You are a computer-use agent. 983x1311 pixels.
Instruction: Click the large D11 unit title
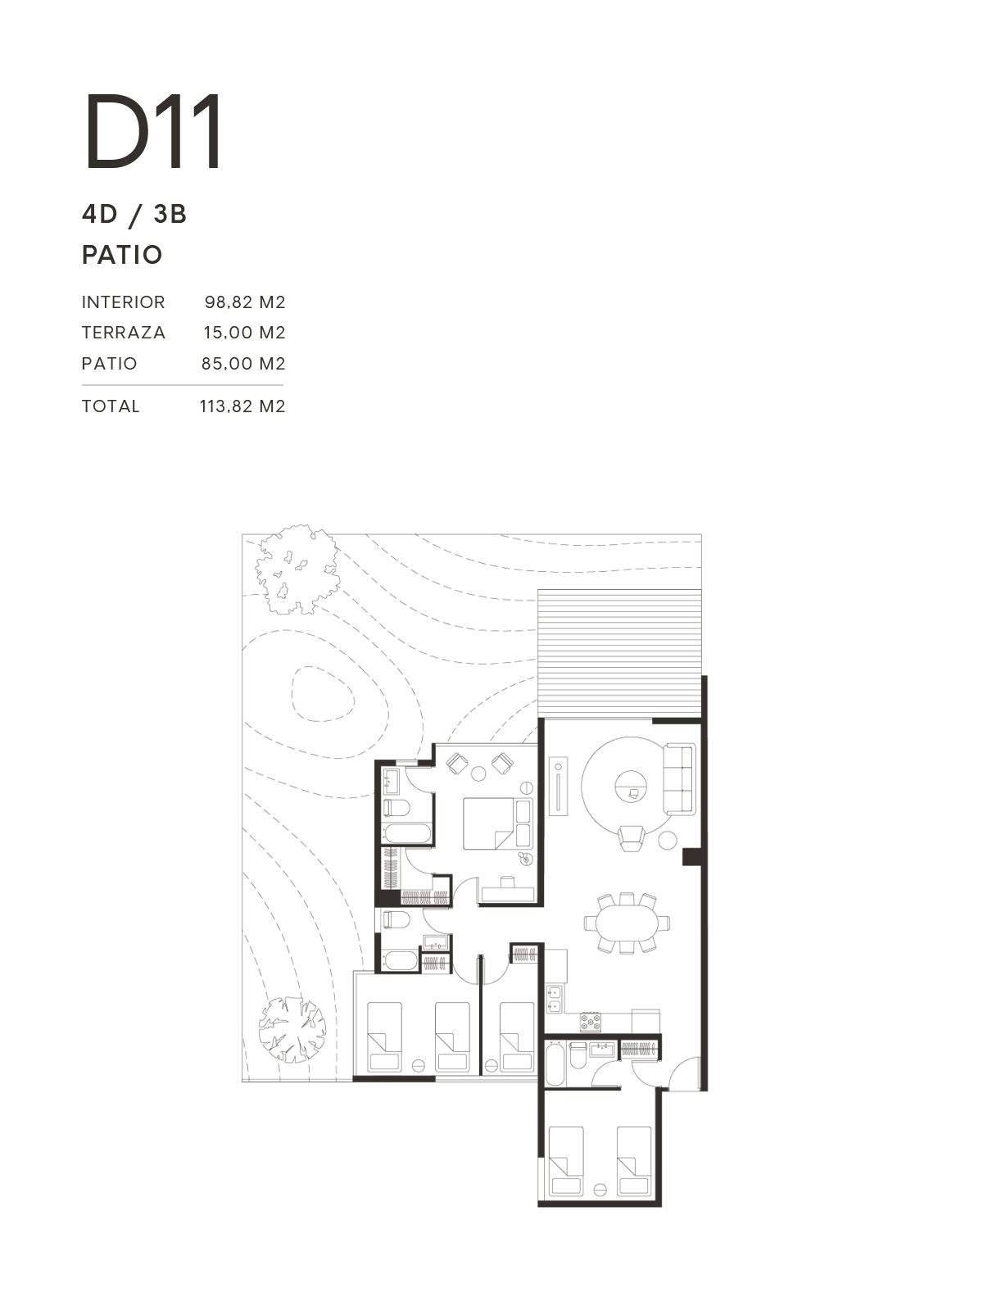click(153, 131)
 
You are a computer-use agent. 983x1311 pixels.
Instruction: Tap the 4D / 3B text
click(134, 214)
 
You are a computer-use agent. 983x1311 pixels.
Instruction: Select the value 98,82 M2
click(245, 302)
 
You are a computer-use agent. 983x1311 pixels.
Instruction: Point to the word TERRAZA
click(124, 333)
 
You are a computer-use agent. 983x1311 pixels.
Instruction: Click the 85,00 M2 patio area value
click(243, 364)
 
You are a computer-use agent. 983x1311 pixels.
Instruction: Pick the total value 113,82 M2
click(242, 406)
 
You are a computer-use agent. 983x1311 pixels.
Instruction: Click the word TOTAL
click(111, 406)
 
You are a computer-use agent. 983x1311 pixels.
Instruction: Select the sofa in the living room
click(680, 779)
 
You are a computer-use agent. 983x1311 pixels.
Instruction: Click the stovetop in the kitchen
click(591, 1021)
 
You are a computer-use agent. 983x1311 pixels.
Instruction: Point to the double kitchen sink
click(553, 1000)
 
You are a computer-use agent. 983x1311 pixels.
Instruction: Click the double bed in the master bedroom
click(498, 823)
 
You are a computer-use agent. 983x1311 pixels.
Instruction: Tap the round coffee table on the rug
click(632, 787)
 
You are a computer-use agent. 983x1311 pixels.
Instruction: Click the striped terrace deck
click(619, 653)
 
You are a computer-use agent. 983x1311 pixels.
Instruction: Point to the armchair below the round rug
click(632, 837)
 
